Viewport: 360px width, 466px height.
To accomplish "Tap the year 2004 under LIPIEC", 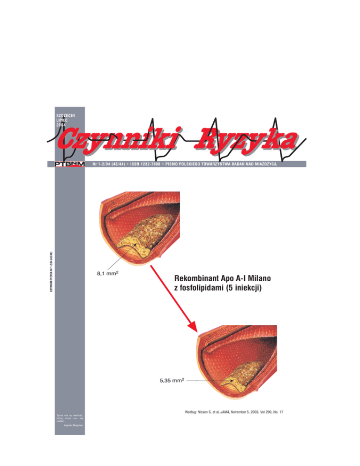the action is (61, 125).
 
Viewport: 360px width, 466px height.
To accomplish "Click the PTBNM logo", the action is (67, 164).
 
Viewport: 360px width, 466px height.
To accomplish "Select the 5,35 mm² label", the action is (169, 381).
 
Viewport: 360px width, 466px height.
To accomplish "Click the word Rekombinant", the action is (196, 278).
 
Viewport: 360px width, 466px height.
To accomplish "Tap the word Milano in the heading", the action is (256, 278).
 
